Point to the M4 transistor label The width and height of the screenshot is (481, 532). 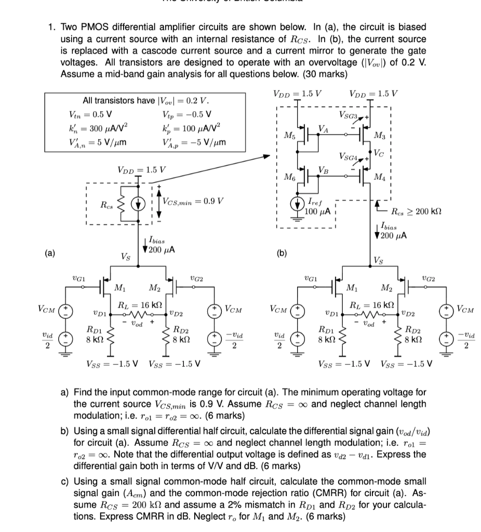(x=380, y=180)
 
